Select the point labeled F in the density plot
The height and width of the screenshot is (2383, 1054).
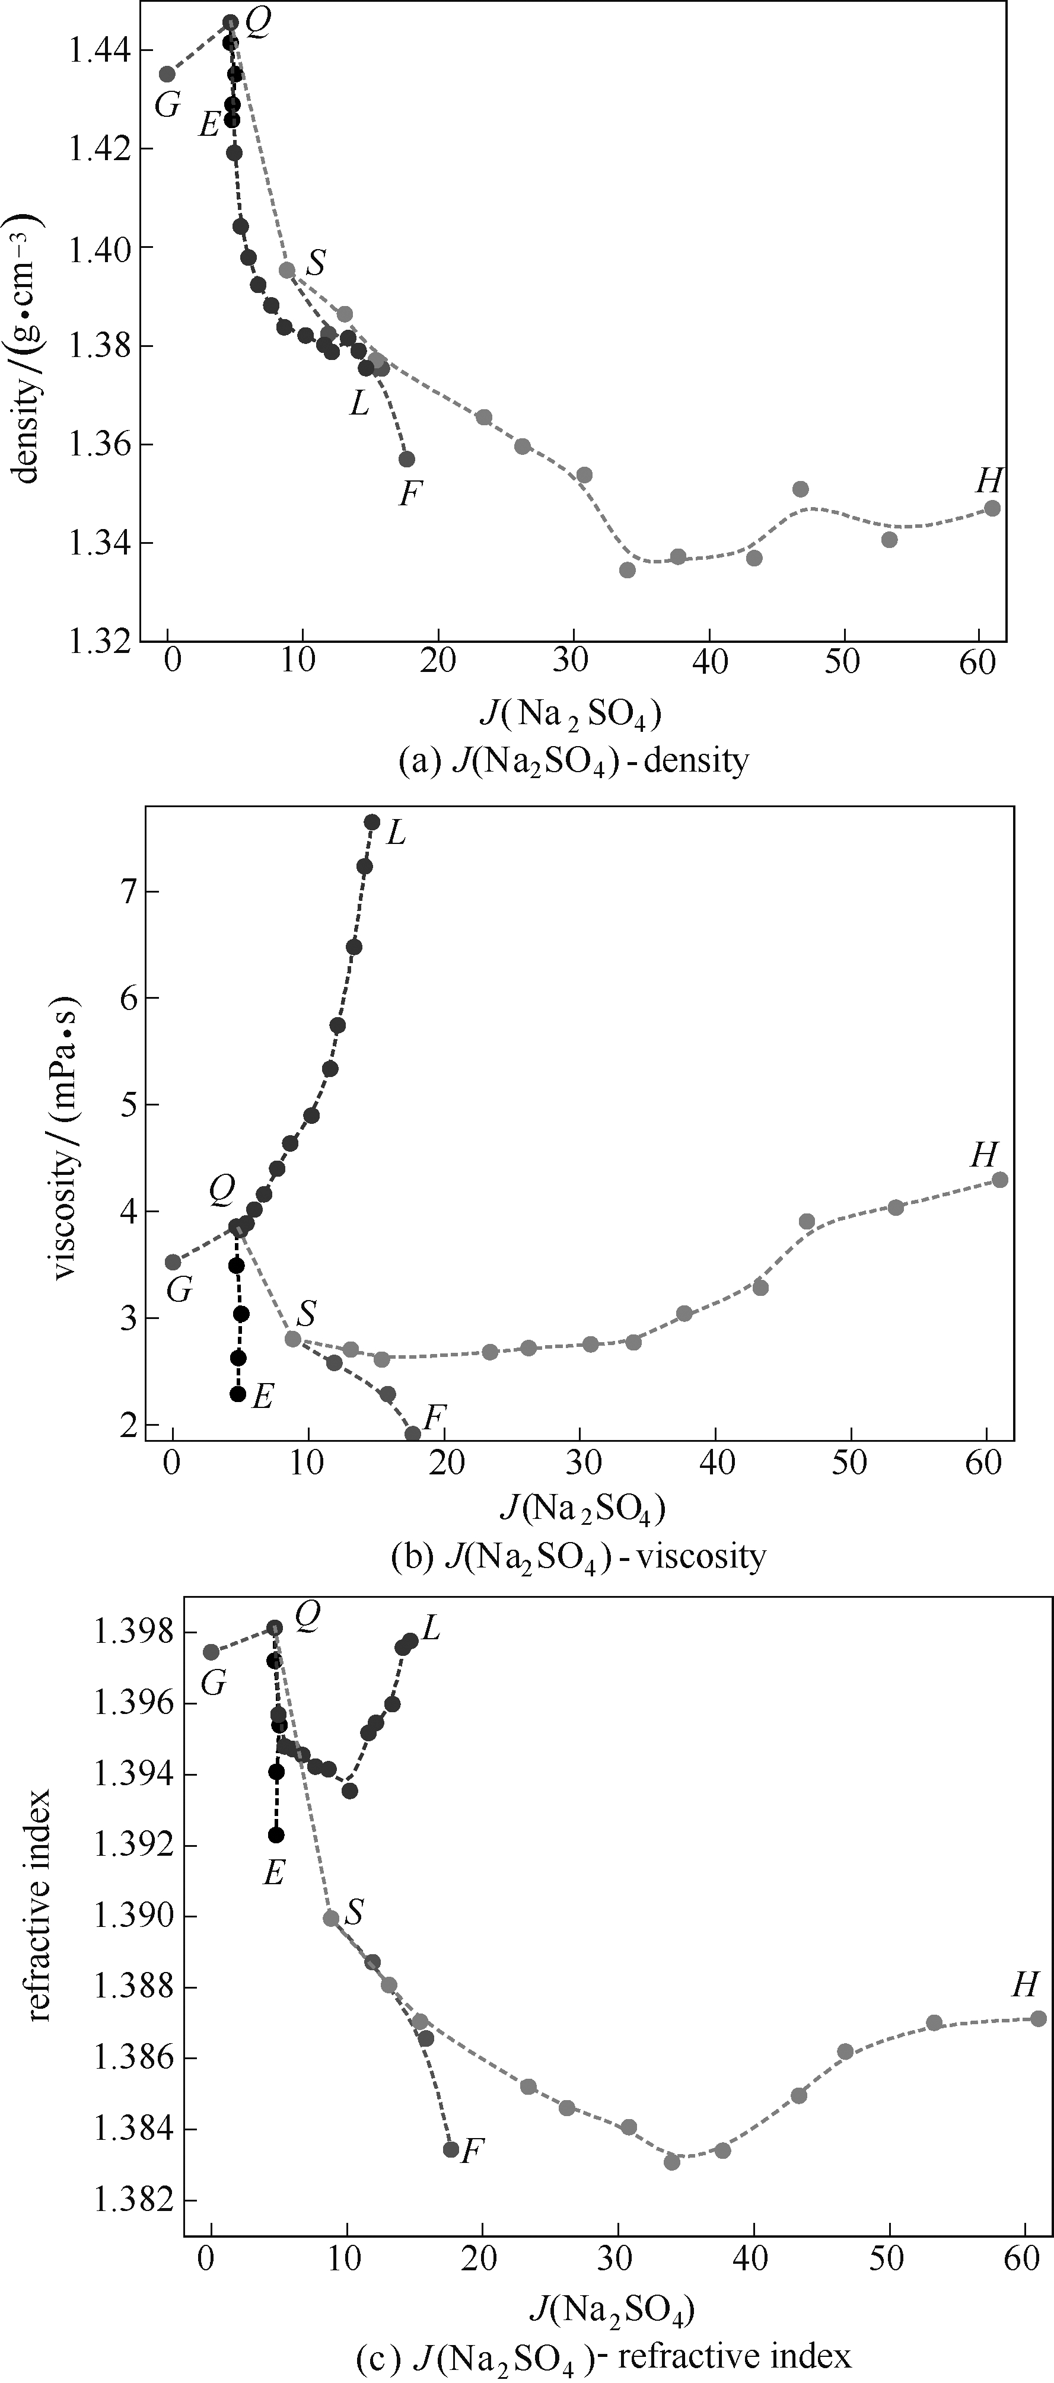click(x=406, y=459)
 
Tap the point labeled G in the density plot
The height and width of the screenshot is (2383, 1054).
click(x=167, y=74)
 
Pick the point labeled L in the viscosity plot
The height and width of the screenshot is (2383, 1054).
click(x=372, y=821)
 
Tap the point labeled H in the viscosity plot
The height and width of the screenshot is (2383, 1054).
click(x=999, y=1180)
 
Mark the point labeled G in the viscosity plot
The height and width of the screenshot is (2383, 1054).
click(x=173, y=1262)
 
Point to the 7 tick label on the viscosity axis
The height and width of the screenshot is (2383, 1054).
click(x=124, y=892)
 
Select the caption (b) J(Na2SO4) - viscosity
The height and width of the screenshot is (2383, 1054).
click(x=578, y=1557)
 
